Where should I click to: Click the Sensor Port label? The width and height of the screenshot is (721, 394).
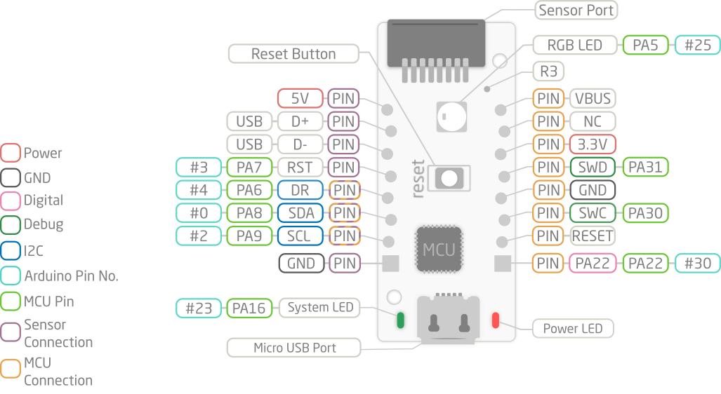tap(575, 11)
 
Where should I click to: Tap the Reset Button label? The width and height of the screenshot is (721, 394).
tap(293, 54)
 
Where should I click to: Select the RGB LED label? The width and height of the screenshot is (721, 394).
tap(576, 45)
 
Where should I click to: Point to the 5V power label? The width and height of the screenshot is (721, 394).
tap(300, 99)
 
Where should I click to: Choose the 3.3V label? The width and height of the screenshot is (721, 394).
tap(593, 144)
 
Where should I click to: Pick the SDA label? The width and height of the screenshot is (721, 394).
tap(300, 212)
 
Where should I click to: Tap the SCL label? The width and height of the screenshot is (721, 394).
tap(300, 236)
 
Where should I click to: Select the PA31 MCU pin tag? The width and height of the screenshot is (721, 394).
tap(645, 167)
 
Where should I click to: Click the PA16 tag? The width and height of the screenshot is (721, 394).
tap(249, 307)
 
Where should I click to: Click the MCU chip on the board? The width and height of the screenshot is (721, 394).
tap(439, 249)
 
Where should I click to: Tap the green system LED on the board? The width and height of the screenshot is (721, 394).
tap(401, 320)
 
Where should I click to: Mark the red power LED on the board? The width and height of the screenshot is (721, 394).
tap(496, 320)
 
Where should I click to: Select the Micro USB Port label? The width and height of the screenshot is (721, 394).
tap(294, 347)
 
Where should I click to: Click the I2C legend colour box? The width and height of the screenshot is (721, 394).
tap(11, 251)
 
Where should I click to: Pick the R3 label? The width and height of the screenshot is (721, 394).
tap(548, 72)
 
